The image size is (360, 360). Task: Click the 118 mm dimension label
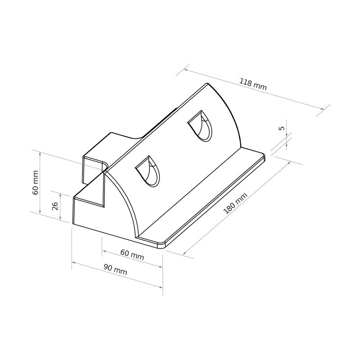click(253, 84)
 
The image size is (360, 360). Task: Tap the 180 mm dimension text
click(235, 203)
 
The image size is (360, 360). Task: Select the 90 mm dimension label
click(115, 270)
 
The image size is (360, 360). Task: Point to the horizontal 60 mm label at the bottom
click(132, 255)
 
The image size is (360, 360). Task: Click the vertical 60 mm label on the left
click(36, 183)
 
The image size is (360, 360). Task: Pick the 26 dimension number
click(55, 206)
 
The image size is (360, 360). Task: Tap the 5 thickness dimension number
click(282, 128)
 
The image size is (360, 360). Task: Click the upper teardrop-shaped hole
click(200, 126)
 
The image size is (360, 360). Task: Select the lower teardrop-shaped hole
click(148, 171)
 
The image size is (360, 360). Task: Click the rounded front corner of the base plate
click(162, 245)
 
